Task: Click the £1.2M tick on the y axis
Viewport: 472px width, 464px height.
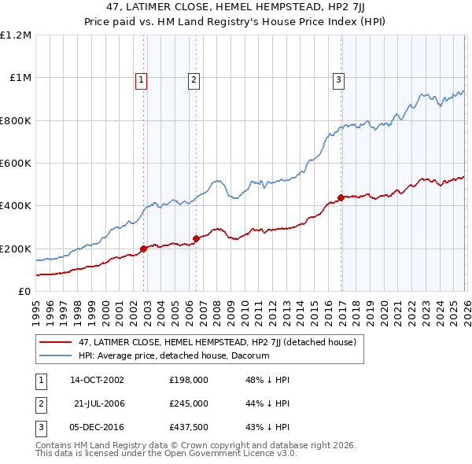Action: tap(16, 35)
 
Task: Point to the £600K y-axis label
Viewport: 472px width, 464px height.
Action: tap(16, 164)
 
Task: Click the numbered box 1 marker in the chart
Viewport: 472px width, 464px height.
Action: tap(141, 79)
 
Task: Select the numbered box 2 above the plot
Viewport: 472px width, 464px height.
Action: tap(194, 79)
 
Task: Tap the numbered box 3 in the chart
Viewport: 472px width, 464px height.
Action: tap(338, 79)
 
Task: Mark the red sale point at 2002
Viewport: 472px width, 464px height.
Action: tap(144, 249)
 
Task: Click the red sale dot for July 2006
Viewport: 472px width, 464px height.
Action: tap(196, 238)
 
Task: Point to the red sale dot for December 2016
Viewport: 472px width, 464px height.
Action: tap(341, 197)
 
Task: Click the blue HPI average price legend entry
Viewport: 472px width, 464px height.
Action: tap(174, 355)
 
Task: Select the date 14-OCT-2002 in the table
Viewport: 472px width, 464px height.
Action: tap(97, 379)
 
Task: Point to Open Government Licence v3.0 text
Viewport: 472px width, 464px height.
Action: tap(228, 453)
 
